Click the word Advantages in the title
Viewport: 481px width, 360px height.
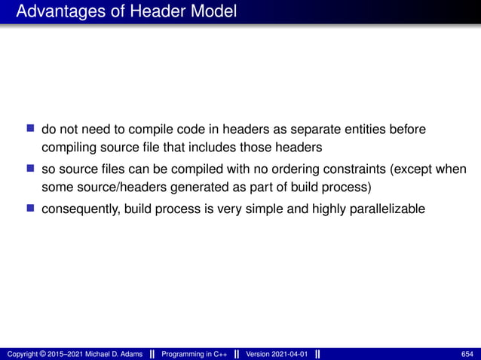pos(55,11)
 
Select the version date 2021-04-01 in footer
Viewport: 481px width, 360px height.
pos(285,354)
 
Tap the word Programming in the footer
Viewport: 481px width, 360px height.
pos(186,354)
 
